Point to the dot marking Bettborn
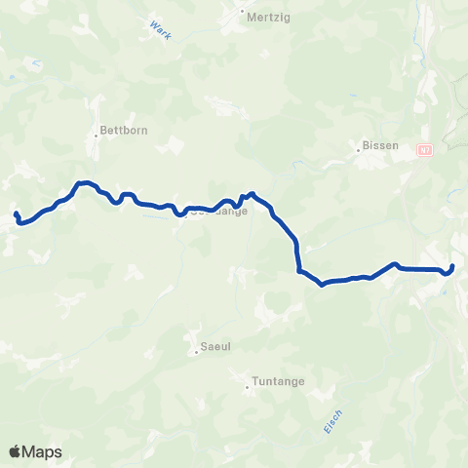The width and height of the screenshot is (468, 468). pos(97,135)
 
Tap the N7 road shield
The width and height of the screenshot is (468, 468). pos(424,150)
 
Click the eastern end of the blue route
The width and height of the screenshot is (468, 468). pos(453,266)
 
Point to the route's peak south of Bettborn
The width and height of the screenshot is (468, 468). pos(84,182)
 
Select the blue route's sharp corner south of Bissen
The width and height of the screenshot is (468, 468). pos(299,270)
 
